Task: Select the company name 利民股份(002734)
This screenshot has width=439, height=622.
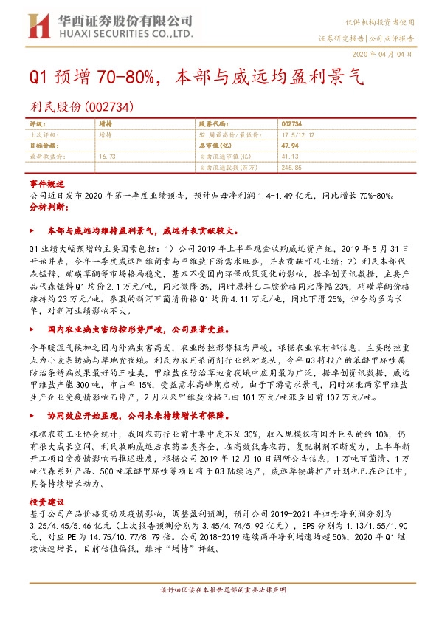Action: click(81, 107)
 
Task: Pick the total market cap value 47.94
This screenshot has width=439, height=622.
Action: click(291, 146)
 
